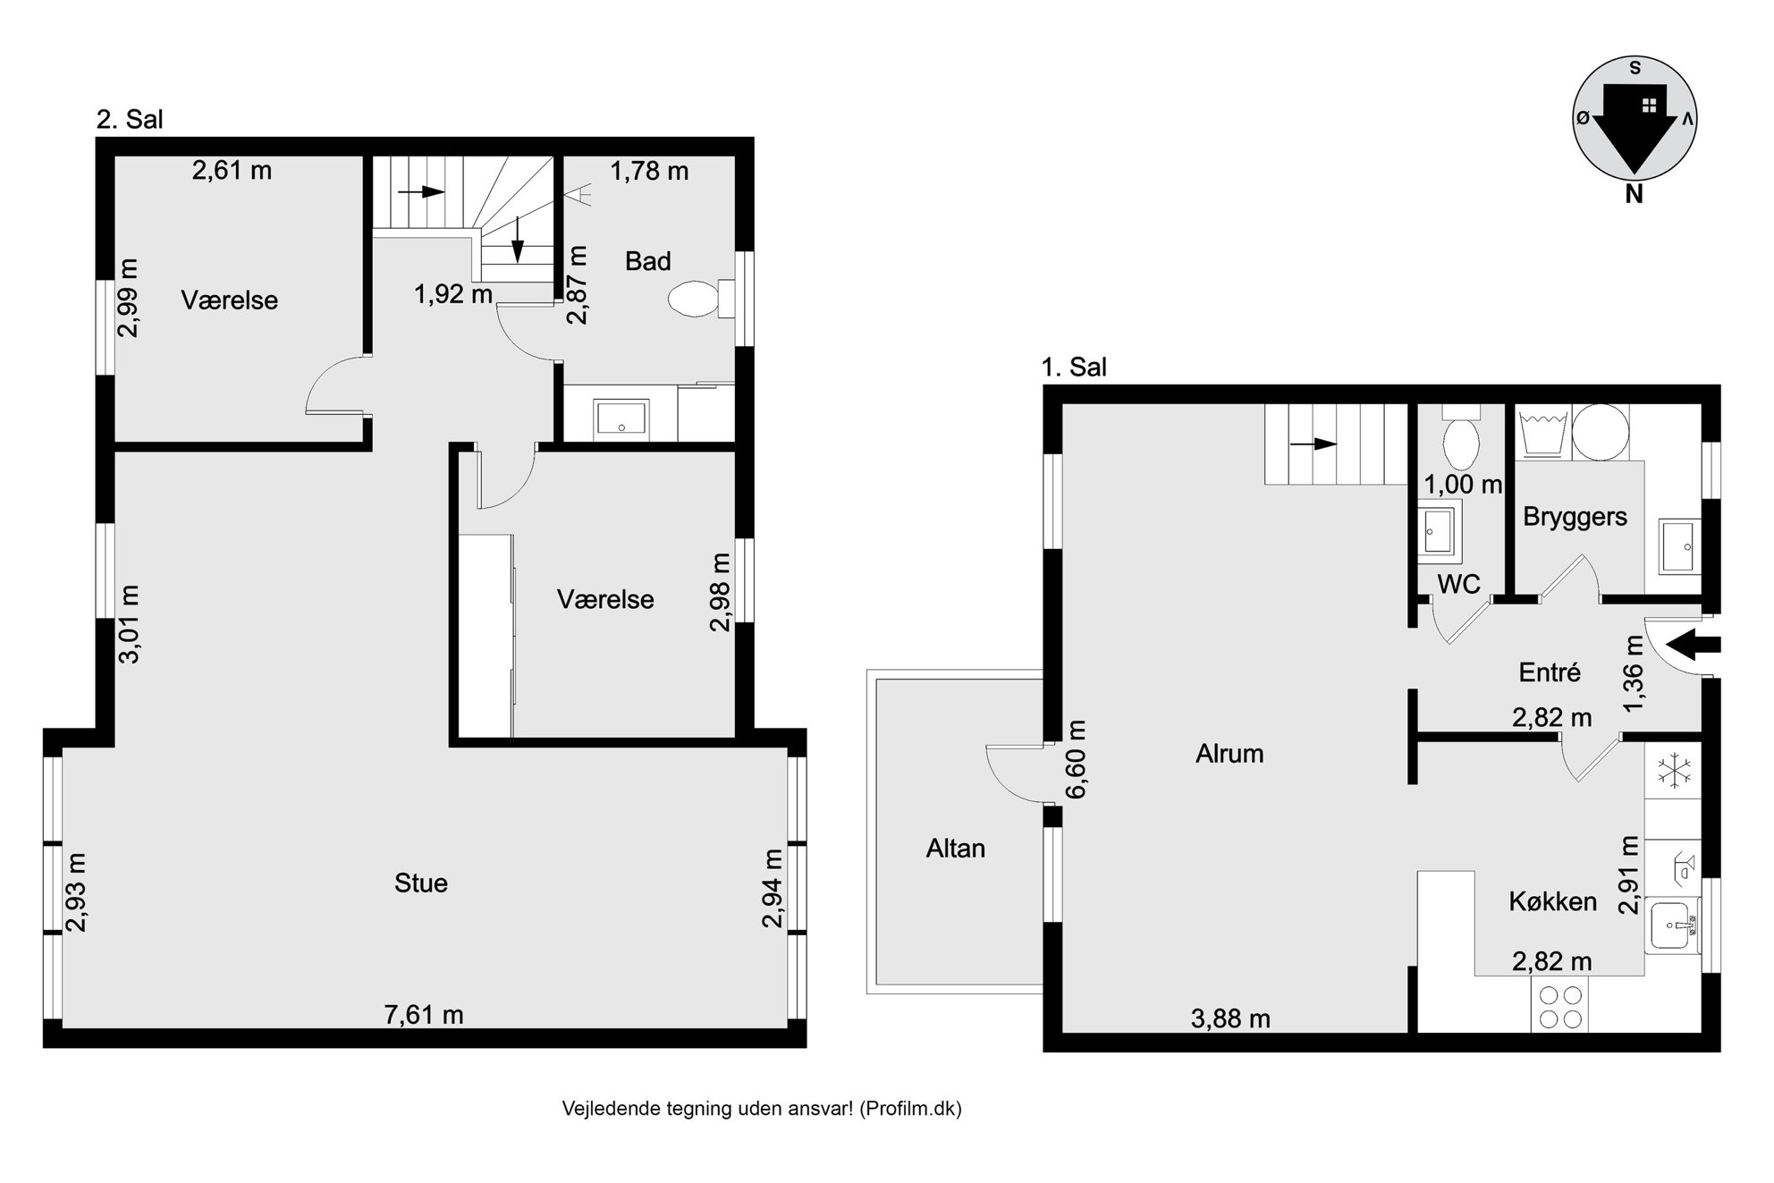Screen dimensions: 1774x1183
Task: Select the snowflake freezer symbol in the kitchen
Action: [1671, 770]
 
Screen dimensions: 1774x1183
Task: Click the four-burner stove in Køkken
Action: [1560, 1006]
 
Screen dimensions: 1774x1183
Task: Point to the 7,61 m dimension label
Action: [424, 1015]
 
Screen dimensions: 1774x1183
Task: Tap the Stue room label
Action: [421, 883]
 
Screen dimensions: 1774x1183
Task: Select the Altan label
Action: [956, 849]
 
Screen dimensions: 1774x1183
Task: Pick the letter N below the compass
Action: [1635, 193]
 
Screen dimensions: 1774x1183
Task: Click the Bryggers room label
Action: [1575, 518]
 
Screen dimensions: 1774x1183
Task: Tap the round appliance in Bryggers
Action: [1600, 433]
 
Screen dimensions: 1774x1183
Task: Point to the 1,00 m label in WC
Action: [1463, 485]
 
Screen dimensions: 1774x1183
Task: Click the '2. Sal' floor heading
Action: [130, 120]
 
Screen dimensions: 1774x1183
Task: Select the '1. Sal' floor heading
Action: [1074, 368]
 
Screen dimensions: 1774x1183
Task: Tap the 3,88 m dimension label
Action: [1230, 1018]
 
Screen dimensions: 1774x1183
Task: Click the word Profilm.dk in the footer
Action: [912, 1109]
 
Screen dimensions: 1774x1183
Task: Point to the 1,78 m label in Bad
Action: [649, 171]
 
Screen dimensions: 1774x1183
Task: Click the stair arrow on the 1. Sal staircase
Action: [1313, 444]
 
